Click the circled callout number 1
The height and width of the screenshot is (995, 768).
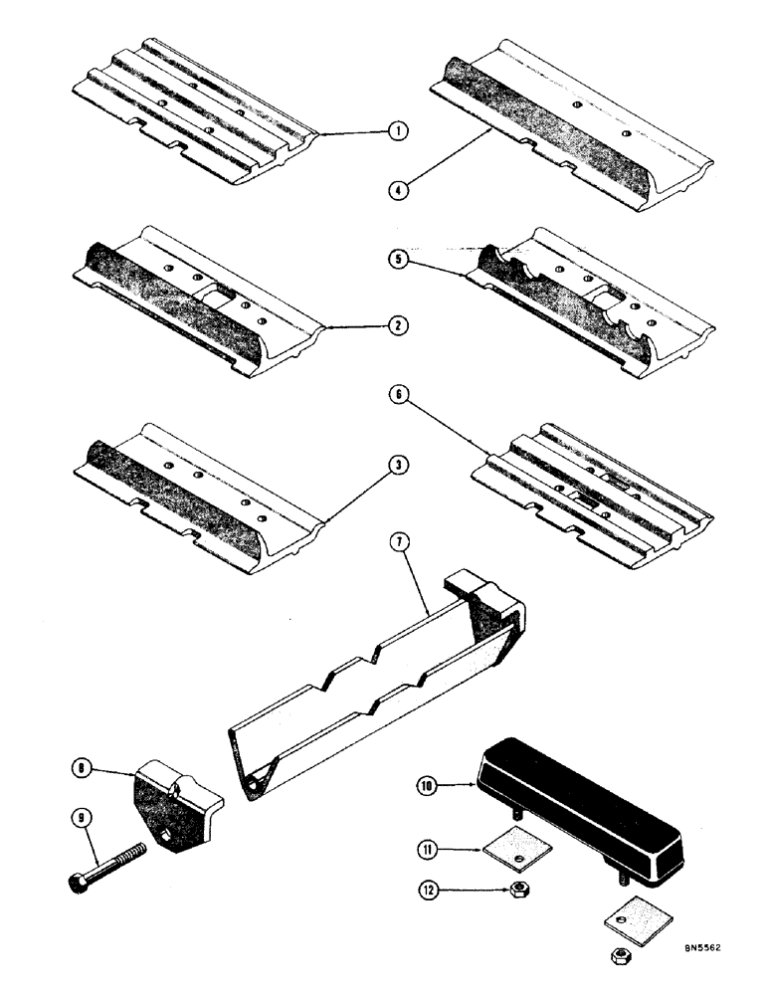pos(396,131)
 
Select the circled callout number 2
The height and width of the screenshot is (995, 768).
pos(396,323)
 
